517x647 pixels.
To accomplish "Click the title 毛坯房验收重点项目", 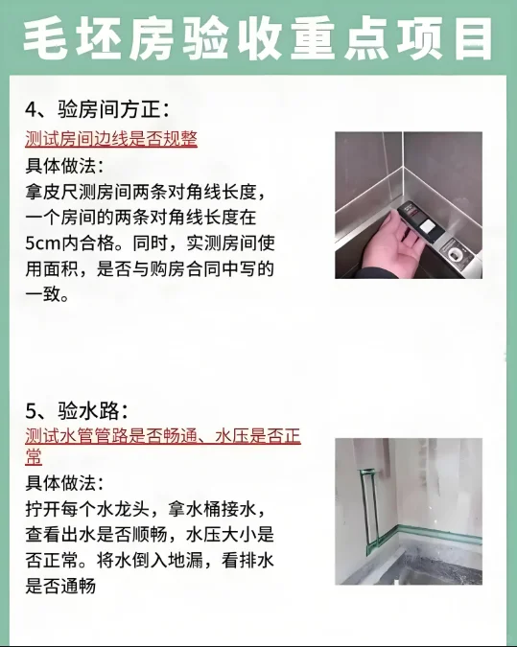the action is (x=258, y=39).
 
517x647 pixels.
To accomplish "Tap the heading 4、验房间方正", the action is (x=97, y=110).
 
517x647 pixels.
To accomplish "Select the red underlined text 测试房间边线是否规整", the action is (x=111, y=139).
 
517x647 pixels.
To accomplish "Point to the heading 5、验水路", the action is (x=78, y=411).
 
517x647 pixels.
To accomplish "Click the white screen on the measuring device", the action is (x=427, y=227).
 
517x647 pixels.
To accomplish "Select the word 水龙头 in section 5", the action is (x=122, y=509).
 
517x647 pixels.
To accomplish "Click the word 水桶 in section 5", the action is (x=203, y=509).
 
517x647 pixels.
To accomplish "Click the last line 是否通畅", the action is (x=60, y=586).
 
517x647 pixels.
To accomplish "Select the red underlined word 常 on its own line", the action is (x=34, y=457).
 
